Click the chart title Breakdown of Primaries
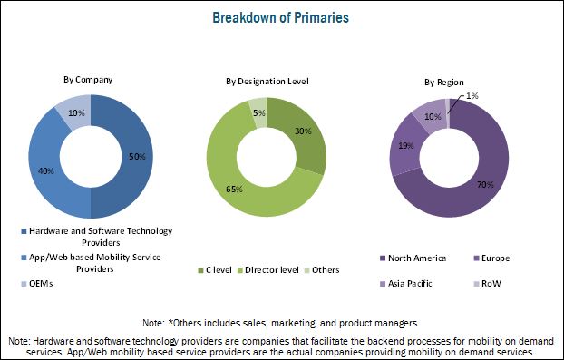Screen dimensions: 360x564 [282, 16]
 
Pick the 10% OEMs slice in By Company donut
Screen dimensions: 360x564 [76, 112]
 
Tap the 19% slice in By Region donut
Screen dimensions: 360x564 [406, 144]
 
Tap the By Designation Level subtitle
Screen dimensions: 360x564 [267, 82]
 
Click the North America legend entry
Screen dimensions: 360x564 [417, 258]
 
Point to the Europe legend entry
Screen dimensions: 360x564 [498, 258]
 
